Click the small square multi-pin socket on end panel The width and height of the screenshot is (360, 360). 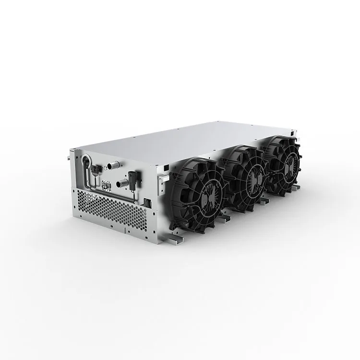point(105,184)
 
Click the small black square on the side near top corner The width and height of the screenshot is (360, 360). point(165,167)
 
